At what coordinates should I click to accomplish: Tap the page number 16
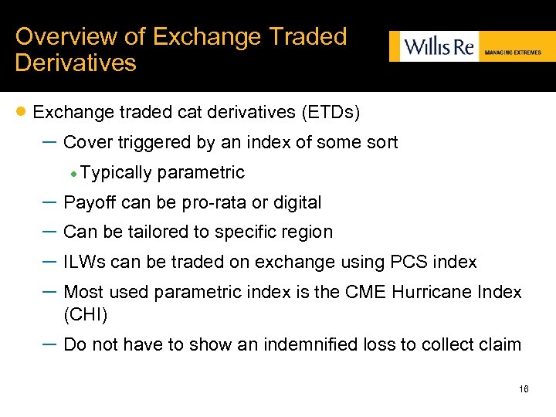[x=524, y=389]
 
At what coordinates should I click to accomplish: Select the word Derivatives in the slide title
[x=76, y=63]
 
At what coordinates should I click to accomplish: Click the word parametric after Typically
[x=201, y=172]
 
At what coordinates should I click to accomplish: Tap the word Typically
[x=115, y=172]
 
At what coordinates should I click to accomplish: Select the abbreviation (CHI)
[x=86, y=314]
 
